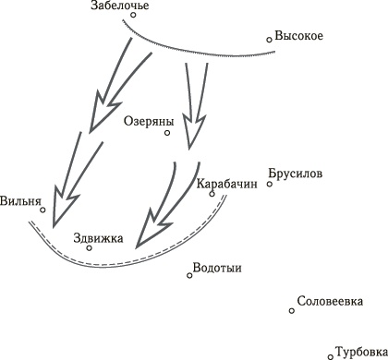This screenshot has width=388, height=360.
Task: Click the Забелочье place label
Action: (x=121, y=7)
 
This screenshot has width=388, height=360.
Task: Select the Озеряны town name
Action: (x=147, y=120)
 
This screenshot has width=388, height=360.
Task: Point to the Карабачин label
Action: (x=226, y=183)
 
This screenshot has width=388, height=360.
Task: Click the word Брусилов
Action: (x=295, y=172)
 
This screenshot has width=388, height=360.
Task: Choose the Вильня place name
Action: (x=22, y=199)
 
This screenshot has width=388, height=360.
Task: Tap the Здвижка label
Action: (x=98, y=236)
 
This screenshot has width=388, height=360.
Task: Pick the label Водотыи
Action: (x=217, y=269)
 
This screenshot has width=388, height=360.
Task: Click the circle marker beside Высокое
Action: (x=269, y=39)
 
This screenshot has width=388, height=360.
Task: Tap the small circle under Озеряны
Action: (x=167, y=133)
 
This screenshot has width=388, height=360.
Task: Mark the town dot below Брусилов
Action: (x=270, y=184)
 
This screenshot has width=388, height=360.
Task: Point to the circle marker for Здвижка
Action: (x=89, y=247)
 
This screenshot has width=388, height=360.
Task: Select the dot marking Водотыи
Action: (x=190, y=274)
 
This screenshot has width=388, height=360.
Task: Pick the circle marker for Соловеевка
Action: (x=292, y=310)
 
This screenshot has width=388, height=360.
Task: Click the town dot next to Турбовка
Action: (x=331, y=355)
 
